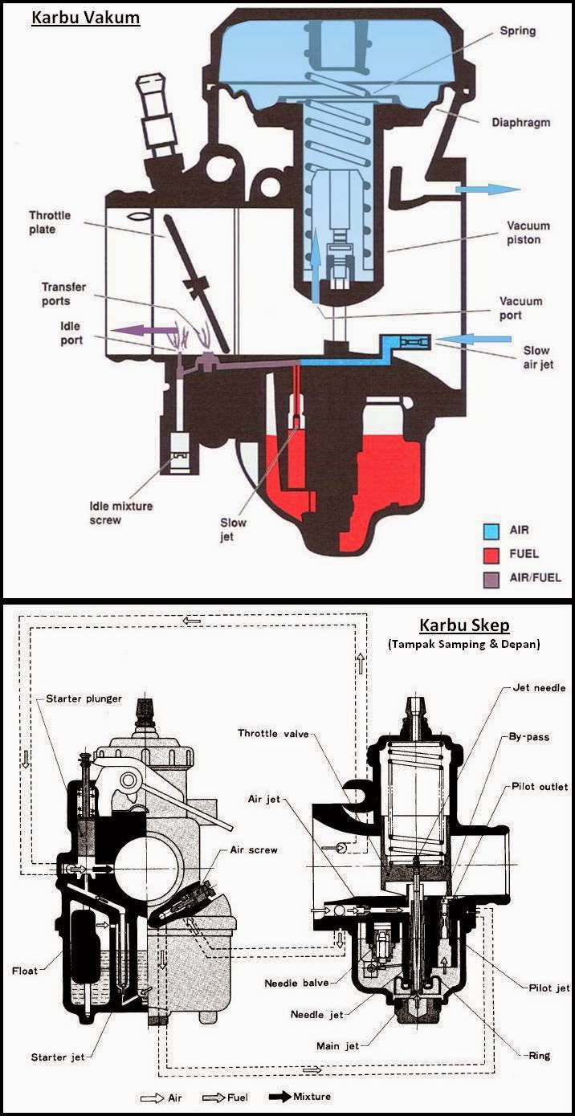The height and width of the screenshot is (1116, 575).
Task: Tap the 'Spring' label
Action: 517,31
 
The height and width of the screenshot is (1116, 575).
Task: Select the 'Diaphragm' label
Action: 521,123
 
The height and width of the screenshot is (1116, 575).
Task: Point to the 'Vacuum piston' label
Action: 524,233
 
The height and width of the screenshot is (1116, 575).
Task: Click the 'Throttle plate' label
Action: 50,222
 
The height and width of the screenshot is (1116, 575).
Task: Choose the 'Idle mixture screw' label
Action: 120,513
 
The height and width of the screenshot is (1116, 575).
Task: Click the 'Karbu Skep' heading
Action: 464,625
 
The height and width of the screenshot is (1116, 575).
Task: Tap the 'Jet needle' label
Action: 539,688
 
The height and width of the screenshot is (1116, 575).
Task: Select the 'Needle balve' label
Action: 296,984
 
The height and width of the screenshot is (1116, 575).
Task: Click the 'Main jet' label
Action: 337,1046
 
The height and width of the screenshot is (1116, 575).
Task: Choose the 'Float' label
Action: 24,971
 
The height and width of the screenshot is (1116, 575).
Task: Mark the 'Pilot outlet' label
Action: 540,787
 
